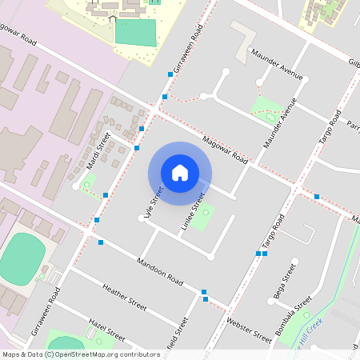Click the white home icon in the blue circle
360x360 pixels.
pyautogui.click(x=180, y=172)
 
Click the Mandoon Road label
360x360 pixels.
pyautogui.click(x=159, y=272)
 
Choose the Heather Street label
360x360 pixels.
pyautogui.click(x=125, y=300)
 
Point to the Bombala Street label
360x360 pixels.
pyautogui.click(x=292, y=314)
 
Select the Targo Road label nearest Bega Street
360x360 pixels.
pyautogui.click(x=274, y=232)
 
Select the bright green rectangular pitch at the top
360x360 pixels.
pyautogui.click(x=136, y=32)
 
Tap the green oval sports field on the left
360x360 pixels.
pyautogui.click(x=22, y=256)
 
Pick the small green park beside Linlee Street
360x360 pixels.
pyautogui.click(x=206, y=213)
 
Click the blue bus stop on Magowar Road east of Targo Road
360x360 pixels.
pyautogui.click(x=318, y=196)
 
